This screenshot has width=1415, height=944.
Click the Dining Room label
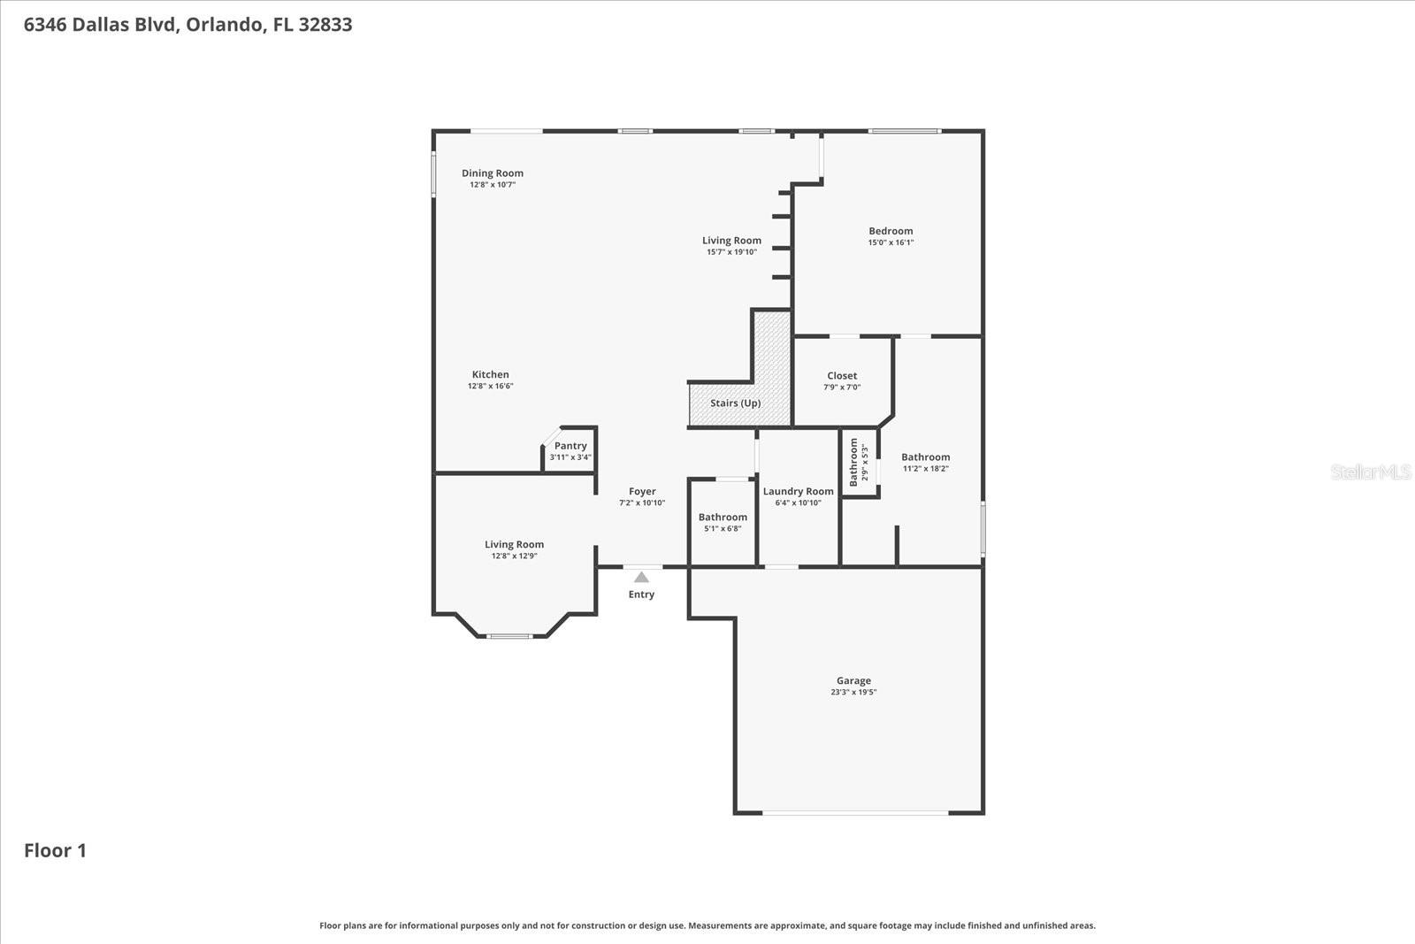click(492, 173)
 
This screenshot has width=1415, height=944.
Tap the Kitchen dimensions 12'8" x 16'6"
click(490, 387)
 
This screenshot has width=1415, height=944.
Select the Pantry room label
click(570, 446)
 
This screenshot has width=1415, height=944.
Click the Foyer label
click(642, 492)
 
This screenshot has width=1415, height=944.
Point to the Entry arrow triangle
click(641, 577)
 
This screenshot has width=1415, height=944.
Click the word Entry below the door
click(641, 595)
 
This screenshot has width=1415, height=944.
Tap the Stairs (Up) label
click(735, 403)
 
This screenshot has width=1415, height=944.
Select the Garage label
click(853, 681)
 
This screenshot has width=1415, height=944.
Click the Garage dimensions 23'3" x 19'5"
click(853, 693)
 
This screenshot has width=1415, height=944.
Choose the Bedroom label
click(891, 231)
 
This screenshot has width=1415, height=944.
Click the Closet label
click(842, 376)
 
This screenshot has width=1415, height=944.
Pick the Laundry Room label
click(798, 492)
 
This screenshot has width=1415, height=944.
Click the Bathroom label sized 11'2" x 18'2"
click(925, 457)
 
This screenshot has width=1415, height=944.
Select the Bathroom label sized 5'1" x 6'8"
click(723, 518)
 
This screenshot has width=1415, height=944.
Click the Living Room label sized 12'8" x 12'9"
click(514, 545)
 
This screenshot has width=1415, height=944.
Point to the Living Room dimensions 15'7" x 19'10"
click(731, 252)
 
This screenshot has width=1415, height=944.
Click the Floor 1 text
click(55, 851)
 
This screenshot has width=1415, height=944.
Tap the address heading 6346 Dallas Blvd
click(187, 25)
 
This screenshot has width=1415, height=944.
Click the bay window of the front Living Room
click(510, 636)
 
